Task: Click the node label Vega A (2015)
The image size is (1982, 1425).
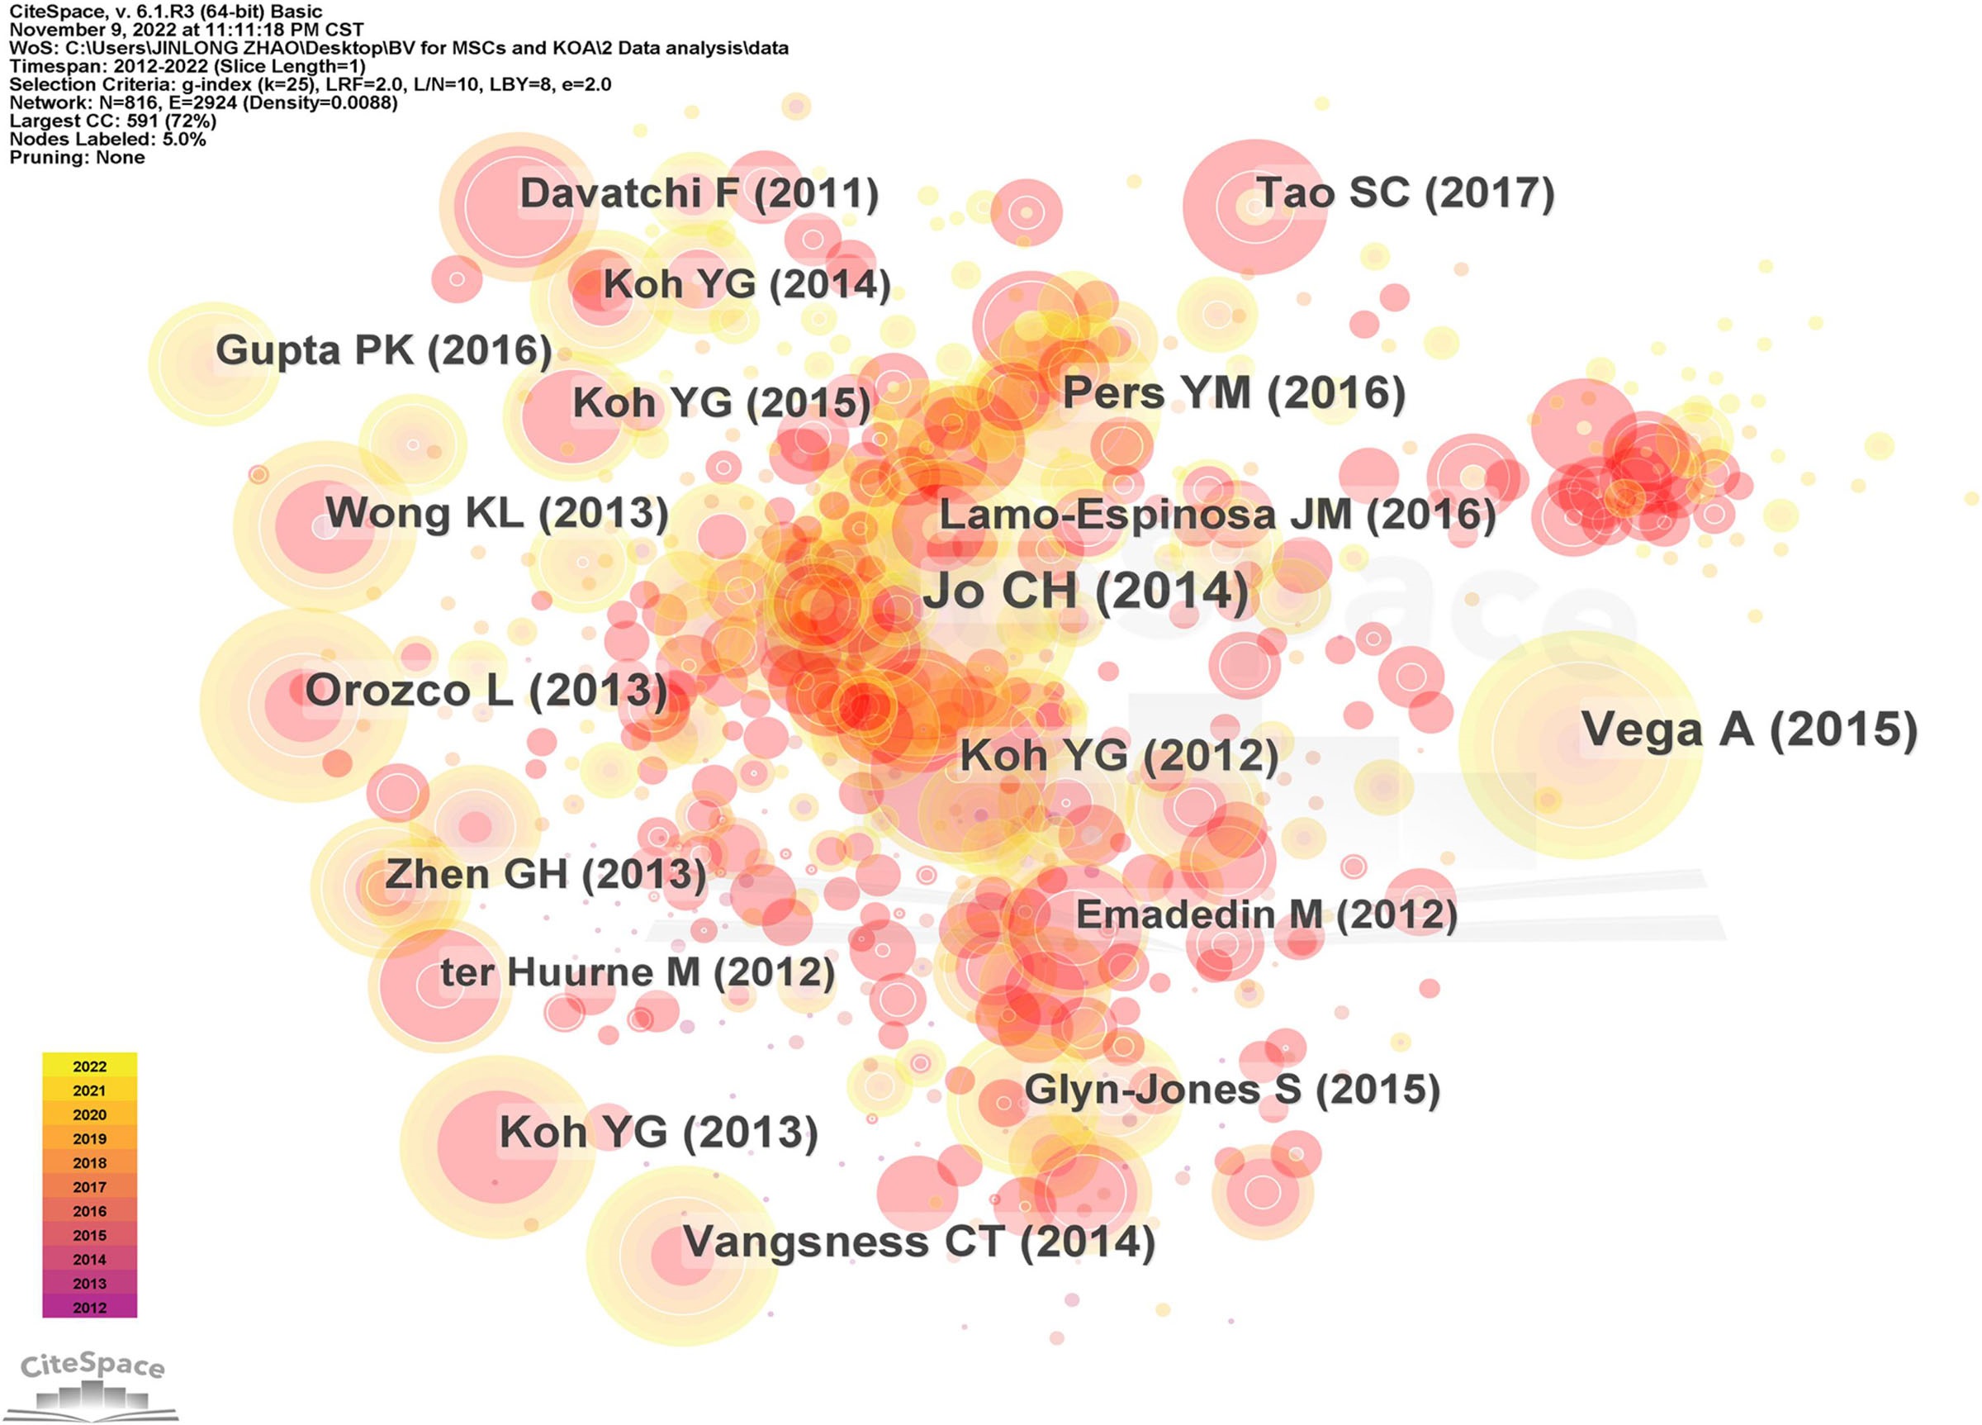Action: click(1748, 730)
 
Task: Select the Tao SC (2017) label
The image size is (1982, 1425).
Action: click(1405, 193)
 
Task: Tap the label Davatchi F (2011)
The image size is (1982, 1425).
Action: click(699, 194)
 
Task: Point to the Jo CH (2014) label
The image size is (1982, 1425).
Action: click(1086, 591)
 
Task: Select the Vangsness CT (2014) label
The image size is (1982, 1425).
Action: click(918, 1242)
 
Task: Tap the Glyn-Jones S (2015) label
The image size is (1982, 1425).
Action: click(1231, 1090)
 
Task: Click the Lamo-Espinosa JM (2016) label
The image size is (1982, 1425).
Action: click(1216, 515)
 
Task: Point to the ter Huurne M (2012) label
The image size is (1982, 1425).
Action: click(637, 973)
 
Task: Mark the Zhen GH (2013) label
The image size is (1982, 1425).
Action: click(545, 874)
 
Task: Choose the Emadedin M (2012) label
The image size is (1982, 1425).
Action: click(1266, 915)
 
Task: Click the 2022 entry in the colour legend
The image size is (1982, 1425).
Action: click(89, 1066)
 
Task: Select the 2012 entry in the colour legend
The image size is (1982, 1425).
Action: click(89, 1308)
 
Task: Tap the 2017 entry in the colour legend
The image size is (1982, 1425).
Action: click(89, 1187)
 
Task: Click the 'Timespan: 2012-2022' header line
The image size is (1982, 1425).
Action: click(187, 66)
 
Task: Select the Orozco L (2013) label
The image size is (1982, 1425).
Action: click(486, 691)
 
